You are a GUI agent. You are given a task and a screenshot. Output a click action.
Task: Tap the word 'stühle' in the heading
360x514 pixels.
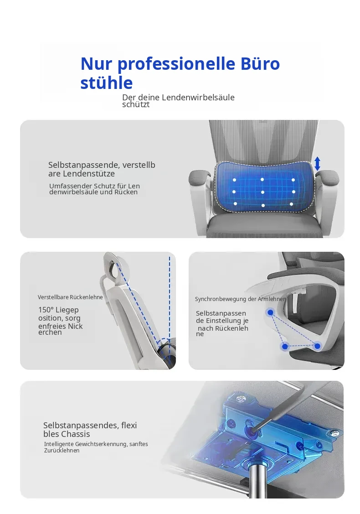click(x=107, y=83)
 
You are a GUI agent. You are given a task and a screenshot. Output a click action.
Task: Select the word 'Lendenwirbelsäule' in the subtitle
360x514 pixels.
click(x=198, y=97)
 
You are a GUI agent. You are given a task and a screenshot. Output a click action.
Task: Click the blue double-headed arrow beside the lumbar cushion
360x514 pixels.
click(x=317, y=163)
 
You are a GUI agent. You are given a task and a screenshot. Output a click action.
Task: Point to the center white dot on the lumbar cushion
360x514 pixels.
click(x=263, y=192)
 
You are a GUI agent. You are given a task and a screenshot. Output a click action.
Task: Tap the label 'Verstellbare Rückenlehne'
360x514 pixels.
click(x=70, y=297)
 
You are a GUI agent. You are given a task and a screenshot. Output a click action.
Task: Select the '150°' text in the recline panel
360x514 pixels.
click(x=46, y=310)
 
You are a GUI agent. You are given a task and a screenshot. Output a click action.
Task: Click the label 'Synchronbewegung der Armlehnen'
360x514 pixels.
click(x=241, y=299)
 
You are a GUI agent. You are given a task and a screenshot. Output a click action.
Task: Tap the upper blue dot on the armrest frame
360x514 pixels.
click(x=270, y=313)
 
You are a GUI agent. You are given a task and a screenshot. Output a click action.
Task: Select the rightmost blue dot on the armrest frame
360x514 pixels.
click(x=317, y=346)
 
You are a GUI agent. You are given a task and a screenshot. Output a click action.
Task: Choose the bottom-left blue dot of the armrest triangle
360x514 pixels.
click(x=285, y=347)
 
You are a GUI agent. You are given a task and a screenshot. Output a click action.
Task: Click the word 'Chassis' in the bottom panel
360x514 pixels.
click(x=76, y=434)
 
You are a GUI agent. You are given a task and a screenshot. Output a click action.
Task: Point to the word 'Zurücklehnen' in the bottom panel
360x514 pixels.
click(x=62, y=451)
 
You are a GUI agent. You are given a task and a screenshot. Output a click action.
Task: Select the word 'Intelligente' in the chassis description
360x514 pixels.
click(x=59, y=444)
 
